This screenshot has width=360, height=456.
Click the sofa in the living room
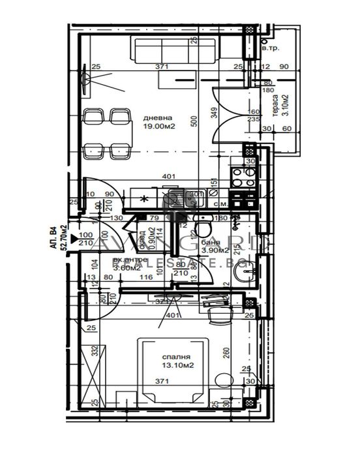click(162, 50)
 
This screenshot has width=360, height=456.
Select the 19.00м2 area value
click(157, 127)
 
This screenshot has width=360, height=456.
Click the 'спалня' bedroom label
click(177, 357)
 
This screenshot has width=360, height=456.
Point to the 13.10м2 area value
click(177, 366)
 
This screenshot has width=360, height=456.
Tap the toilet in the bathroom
click(204, 228)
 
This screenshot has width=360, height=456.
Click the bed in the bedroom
click(172, 369)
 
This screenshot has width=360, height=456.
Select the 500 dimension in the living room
click(194, 121)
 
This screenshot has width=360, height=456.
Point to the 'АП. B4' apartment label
click(52, 235)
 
